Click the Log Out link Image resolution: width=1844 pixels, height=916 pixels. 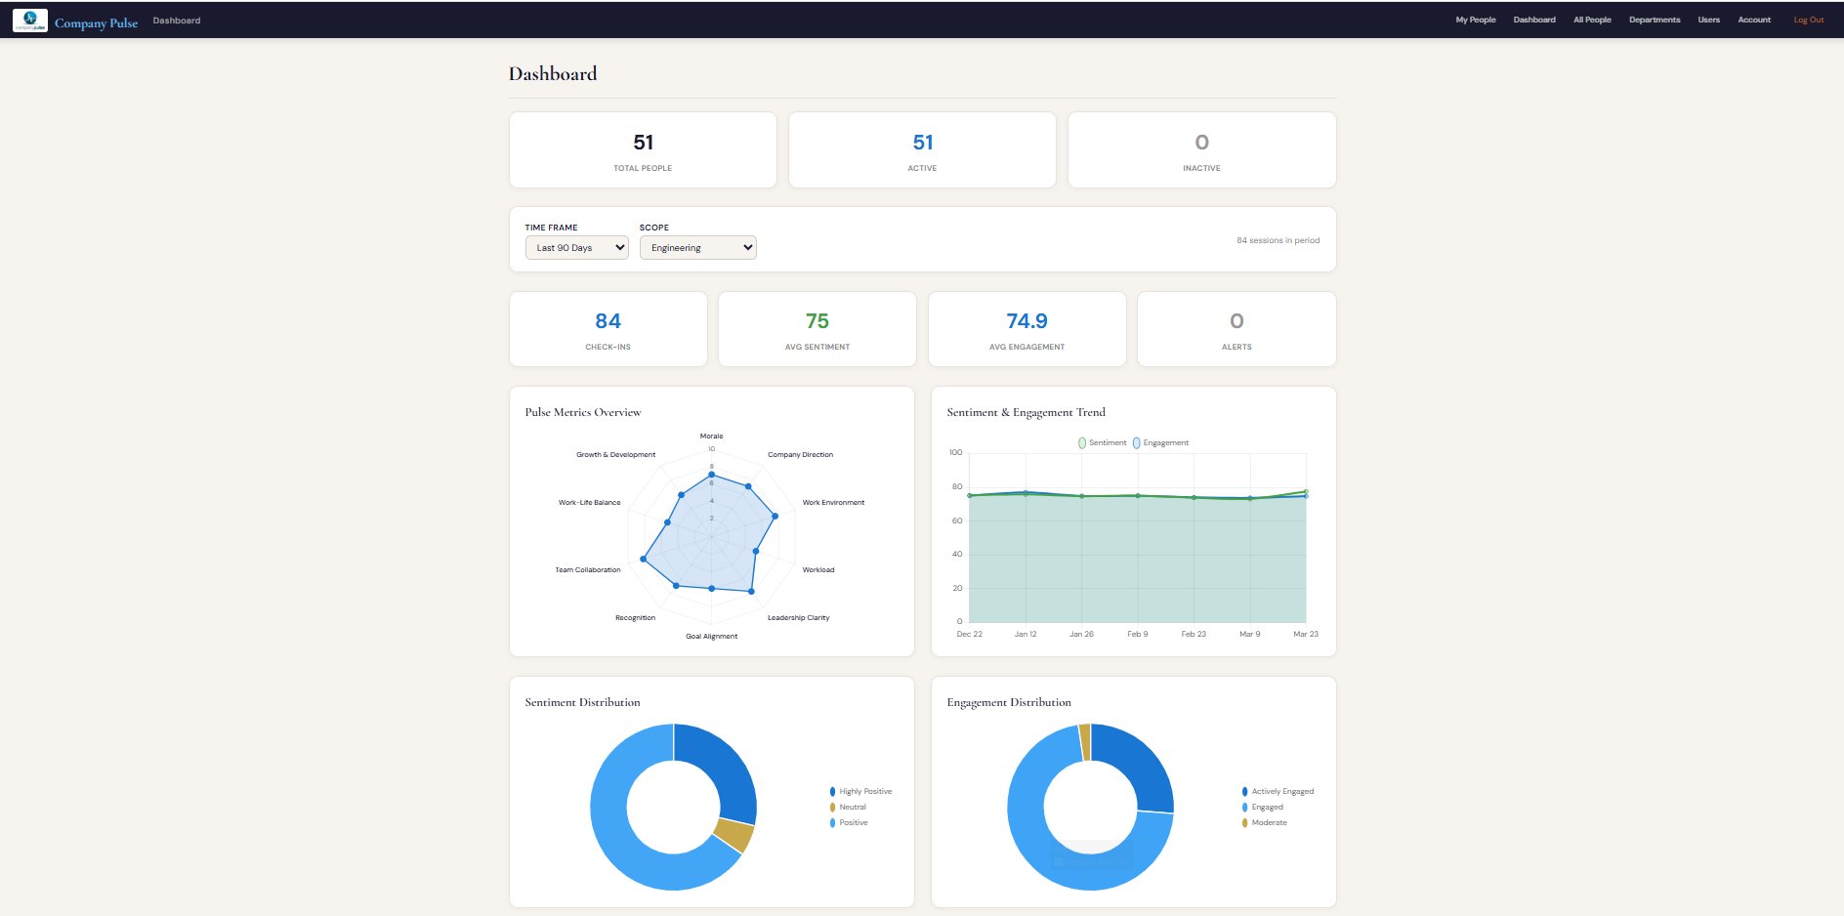(x=1808, y=20)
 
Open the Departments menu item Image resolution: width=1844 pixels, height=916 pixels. (x=1654, y=20)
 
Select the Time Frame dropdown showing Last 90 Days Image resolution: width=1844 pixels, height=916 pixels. (x=576, y=248)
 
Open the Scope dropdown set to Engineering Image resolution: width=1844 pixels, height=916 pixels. (x=697, y=248)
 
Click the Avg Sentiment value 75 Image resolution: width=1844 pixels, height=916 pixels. (x=817, y=321)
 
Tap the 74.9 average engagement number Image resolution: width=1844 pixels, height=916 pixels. (x=1027, y=321)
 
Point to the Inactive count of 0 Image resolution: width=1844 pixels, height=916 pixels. (x=1201, y=143)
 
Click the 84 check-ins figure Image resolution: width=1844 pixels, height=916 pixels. (x=608, y=321)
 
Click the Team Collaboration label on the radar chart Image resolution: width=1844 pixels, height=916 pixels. (x=588, y=569)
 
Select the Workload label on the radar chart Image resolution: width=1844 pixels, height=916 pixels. (x=817, y=569)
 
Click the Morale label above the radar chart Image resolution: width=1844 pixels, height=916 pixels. (x=711, y=437)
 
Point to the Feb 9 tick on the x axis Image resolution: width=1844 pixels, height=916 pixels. (x=1137, y=634)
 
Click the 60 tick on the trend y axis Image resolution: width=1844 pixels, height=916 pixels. (x=957, y=520)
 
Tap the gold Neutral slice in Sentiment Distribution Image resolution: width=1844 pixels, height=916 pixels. (x=733, y=835)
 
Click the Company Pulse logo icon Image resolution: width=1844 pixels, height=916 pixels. (x=30, y=20)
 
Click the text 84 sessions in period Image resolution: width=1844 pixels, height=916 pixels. (x=1278, y=240)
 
